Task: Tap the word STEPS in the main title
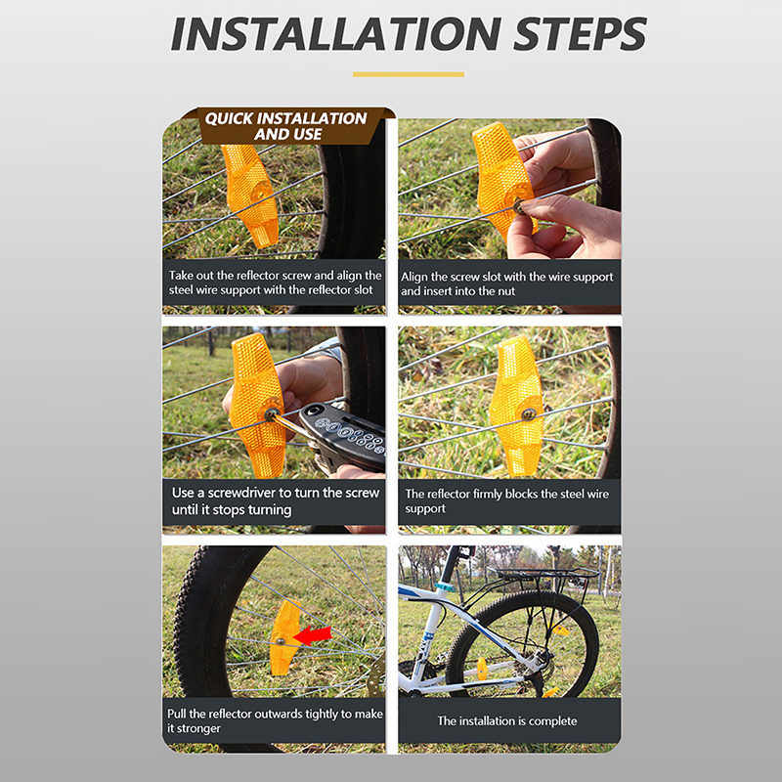[x=580, y=33]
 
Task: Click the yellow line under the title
[x=409, y=74]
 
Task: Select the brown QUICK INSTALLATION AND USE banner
[x=288, y=126]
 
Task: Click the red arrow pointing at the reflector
[x=313, y=635]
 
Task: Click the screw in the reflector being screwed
[x=272, y=413]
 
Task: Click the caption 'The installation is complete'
[x=507, y=720]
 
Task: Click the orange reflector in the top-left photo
[x=250, y=195]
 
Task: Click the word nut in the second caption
[x=505, y=291]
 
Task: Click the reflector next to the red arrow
[x=283, y=638]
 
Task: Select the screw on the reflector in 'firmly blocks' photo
[x=528, y=413]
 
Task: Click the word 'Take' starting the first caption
[x=180, y=276]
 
